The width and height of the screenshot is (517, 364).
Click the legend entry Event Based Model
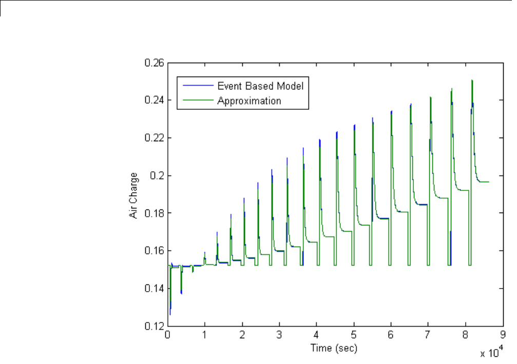click(260, 86)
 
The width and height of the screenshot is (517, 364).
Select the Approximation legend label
click(249, 101)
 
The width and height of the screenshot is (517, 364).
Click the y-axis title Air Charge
click(133, 194)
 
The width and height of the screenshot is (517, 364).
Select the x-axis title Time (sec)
click(333, 348)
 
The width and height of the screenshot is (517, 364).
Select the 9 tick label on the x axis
click(503, 335)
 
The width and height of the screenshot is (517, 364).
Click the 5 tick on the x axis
click(354, 335)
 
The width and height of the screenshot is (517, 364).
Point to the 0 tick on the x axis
click(167, 335)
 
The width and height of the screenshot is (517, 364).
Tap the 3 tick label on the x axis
click(279, 335)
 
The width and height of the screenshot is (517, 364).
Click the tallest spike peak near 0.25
click(471, 81)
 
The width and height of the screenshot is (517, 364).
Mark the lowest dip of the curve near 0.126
click(170, 314)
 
